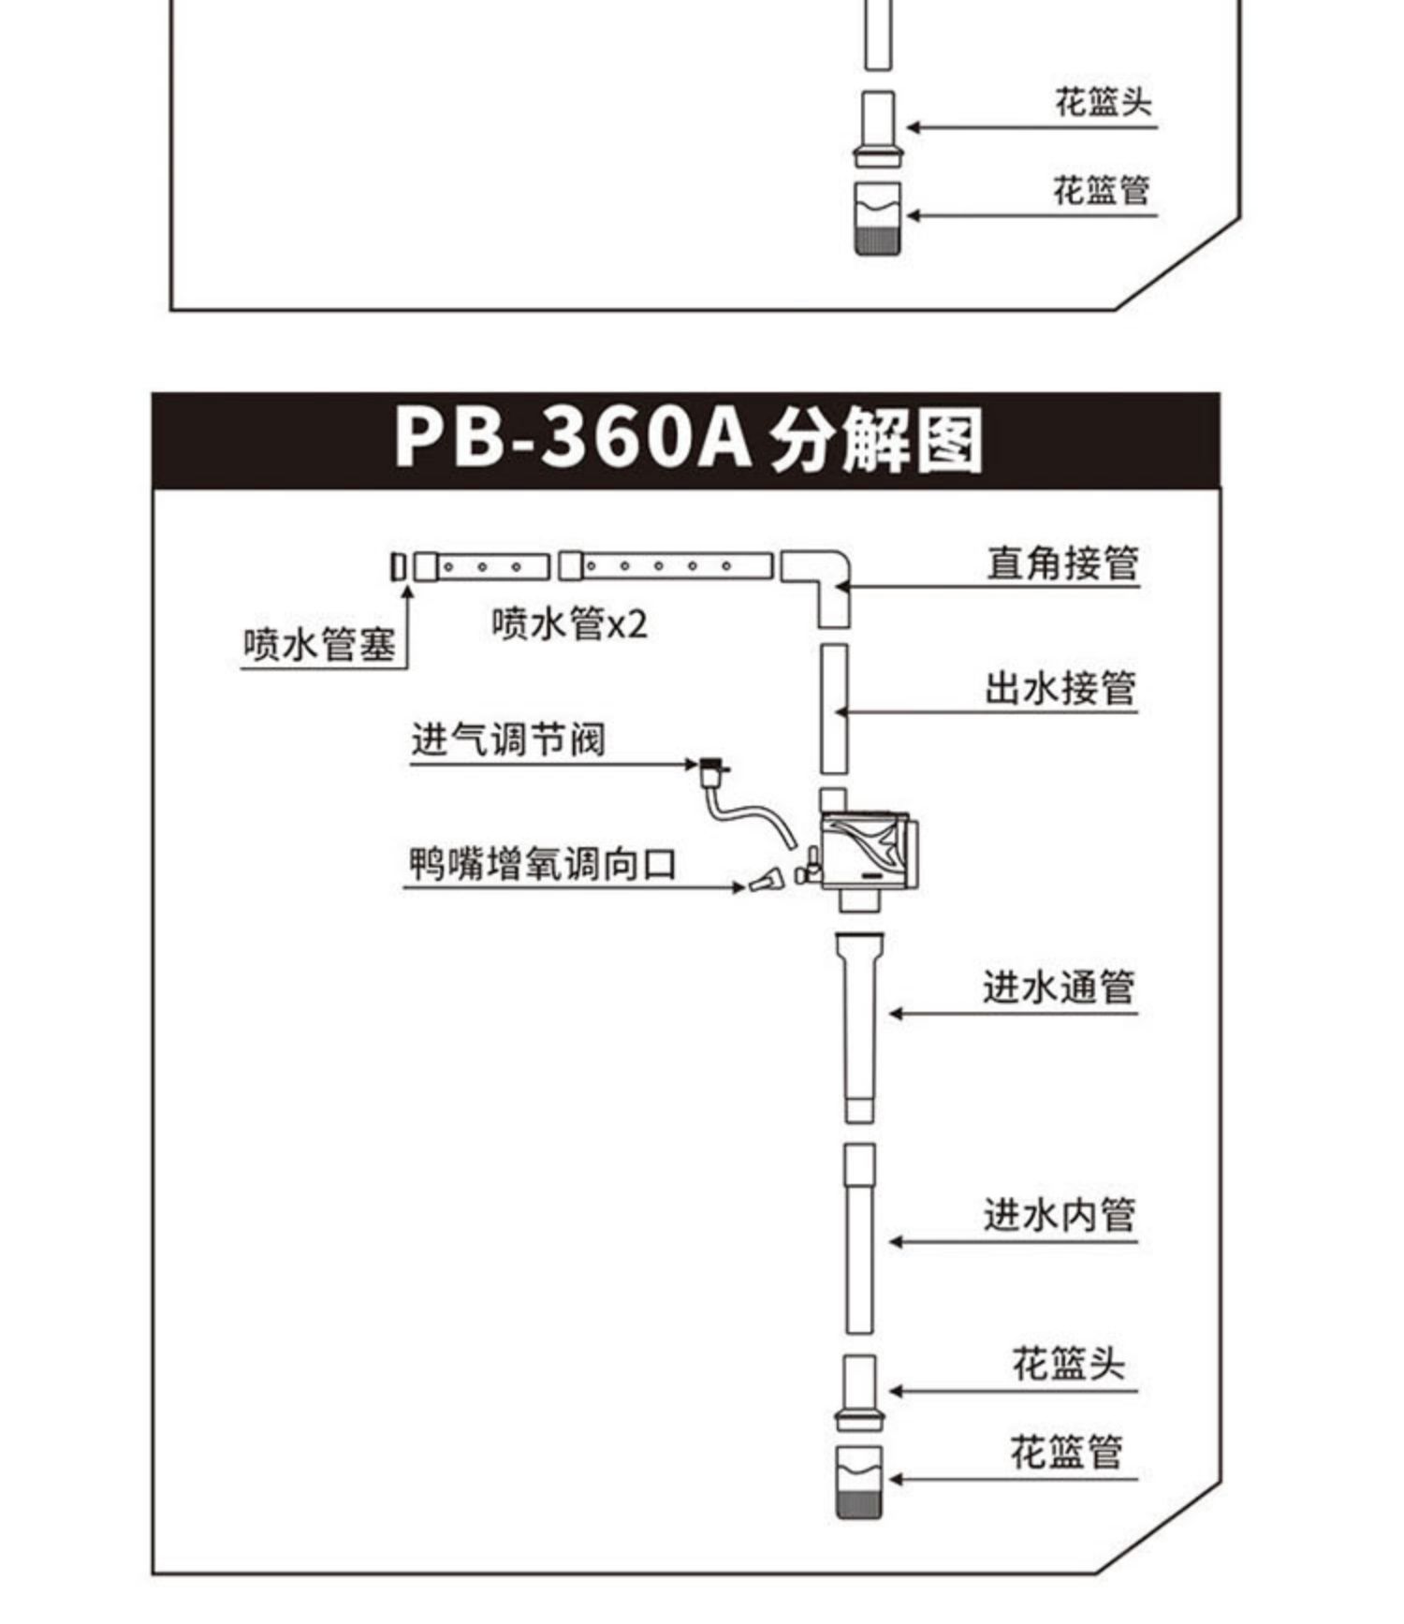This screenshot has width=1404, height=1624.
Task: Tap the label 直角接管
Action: point(1062,563)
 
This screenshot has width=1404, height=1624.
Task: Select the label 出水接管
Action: point(1060,688)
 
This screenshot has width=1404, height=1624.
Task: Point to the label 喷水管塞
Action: point(319,644)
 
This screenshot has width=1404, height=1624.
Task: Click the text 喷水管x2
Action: point(569,623)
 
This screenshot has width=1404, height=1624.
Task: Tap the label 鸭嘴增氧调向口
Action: point(542,863)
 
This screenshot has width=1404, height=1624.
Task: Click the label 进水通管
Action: point(1058,988)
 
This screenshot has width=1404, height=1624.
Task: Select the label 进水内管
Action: point(1059,1215)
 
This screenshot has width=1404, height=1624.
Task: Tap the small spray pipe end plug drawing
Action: point(398,566)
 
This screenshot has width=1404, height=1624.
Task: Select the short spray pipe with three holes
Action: point(483,566)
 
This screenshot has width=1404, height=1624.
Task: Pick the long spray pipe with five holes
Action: point(666,565)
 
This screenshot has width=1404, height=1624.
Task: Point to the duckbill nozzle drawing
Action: point(767,880)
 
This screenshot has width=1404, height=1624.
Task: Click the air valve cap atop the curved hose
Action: point(712,767)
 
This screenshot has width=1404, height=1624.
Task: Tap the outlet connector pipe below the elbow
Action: point(834,708)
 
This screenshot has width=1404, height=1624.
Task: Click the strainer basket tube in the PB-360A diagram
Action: point(858,1482)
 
